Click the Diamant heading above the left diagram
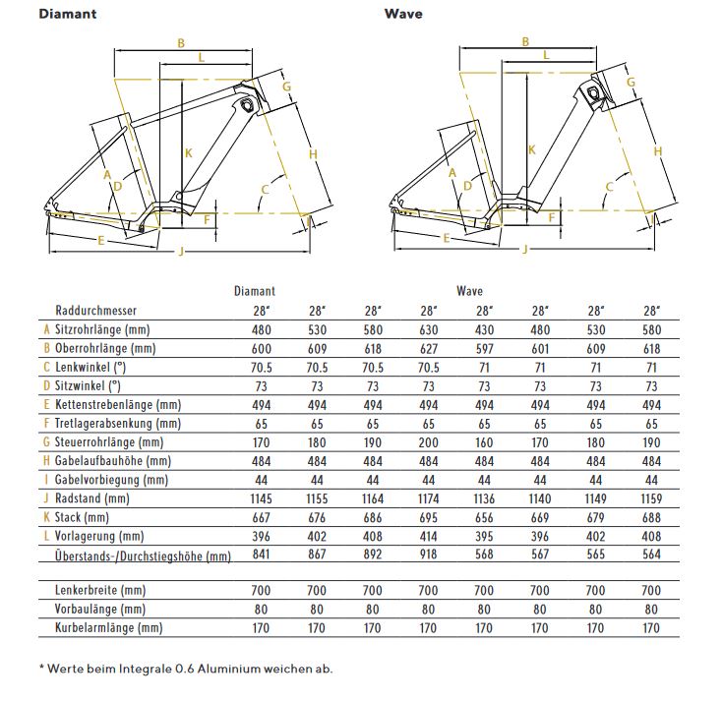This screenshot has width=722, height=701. (66, 14)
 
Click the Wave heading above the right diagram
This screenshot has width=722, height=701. (403, 14)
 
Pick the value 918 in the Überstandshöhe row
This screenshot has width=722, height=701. (429, 555)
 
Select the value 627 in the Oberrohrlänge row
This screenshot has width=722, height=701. (429, 348)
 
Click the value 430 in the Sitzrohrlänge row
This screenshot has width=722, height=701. (484, 329)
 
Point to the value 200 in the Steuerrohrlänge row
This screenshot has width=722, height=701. (429, 442)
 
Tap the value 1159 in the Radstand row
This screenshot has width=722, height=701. (650, 498)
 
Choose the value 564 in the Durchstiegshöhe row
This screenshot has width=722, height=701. (650, 555)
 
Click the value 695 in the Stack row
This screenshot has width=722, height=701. (429, 518)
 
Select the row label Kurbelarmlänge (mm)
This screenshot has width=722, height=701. (108, 627)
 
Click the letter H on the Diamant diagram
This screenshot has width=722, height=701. (313, 154)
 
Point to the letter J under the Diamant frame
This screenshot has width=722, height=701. (180, 253)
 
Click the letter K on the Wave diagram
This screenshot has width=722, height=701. (531, 149)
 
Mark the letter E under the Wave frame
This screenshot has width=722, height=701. (445, 239)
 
